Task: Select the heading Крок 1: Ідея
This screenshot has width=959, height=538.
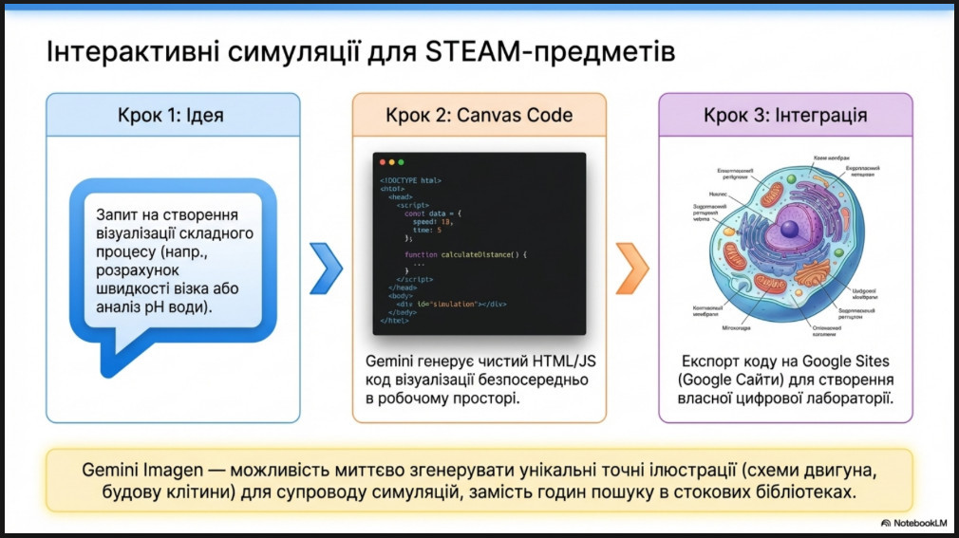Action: click(174, 116)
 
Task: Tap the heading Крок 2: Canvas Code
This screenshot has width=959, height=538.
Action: click(479, 116)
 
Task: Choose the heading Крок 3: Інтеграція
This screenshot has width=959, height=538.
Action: click(785, 116)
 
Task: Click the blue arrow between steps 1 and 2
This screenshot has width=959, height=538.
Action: click(326, 269)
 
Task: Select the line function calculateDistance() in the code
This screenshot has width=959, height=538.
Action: click(464, 254)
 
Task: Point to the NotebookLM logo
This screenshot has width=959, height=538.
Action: click(913, 522)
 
